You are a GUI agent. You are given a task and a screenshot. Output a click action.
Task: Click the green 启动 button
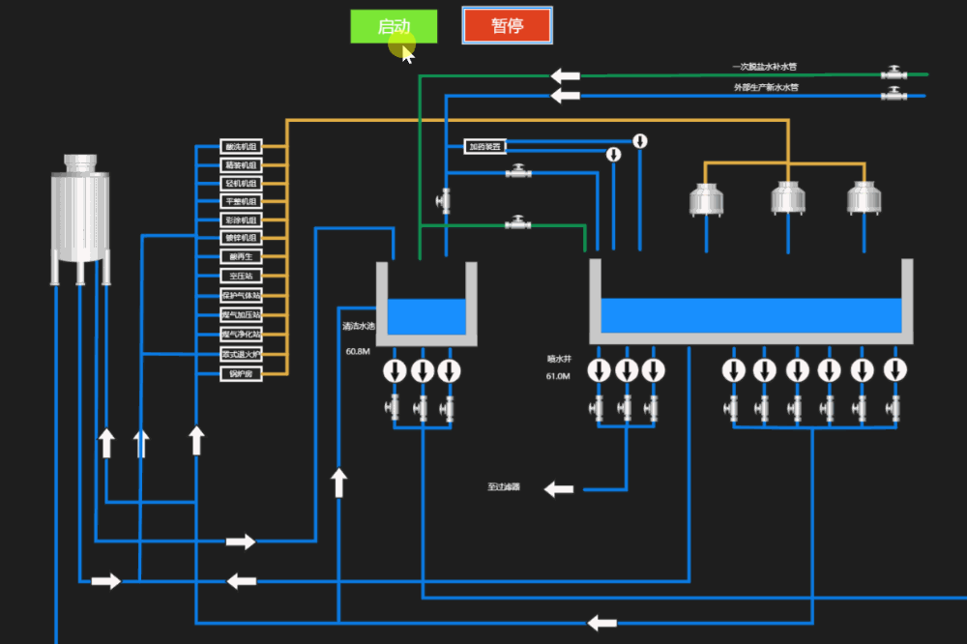click(394, 26)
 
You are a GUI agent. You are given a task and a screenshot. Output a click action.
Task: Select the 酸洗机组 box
click(241, 147)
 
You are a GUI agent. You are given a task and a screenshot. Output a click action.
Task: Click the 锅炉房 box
click(241, 373)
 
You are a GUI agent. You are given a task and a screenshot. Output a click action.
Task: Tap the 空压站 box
click(241, 276)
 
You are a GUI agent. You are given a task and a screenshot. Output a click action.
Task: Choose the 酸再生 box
click(241, 256)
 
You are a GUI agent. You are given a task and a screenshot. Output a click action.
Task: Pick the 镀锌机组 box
click(241, 237)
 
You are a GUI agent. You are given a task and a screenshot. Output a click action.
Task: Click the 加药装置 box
click(484, 147)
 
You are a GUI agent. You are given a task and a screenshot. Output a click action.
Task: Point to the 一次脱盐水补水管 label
click(765, 67)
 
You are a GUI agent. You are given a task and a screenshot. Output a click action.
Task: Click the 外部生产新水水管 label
click(766, 87)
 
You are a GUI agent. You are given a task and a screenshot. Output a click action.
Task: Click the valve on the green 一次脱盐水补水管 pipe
click(894, 73)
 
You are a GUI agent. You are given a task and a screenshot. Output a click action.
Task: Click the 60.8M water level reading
click(358, 351)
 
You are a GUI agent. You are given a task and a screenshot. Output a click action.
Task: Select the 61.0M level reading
click(558, 376)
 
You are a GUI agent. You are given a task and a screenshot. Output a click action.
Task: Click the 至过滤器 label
click(504, 487)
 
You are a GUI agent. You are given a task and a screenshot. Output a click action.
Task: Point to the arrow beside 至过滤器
click(558, 489)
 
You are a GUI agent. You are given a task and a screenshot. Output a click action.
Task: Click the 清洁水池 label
click(358, 326)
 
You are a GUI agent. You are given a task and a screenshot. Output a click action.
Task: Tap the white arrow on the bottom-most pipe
click(602, 622)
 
